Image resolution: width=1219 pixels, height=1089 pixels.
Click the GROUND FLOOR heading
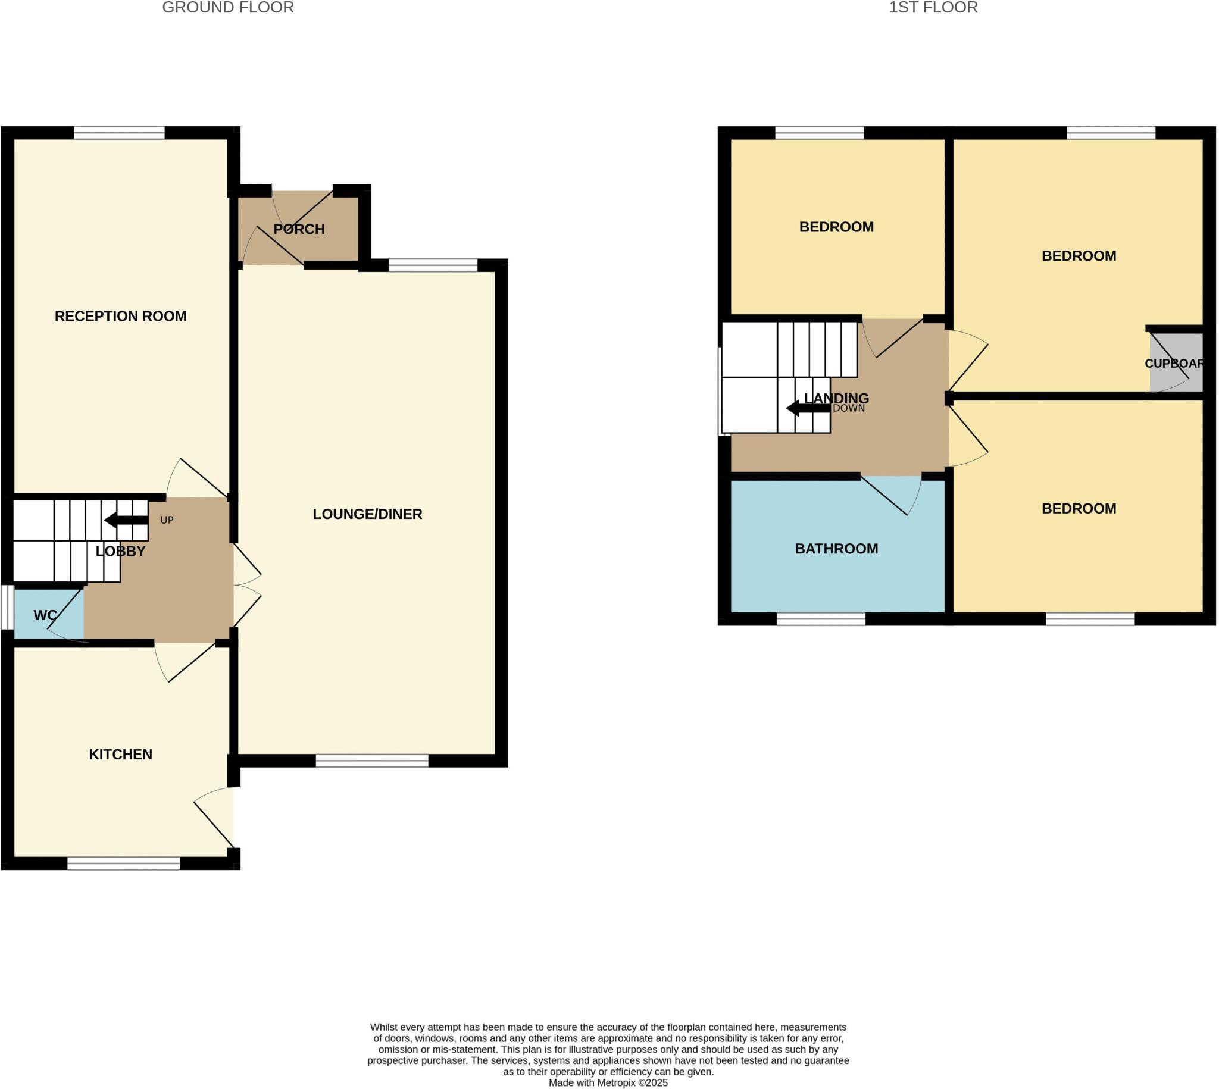tap(228, 8)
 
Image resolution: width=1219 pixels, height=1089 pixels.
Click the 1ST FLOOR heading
tap(933, 8)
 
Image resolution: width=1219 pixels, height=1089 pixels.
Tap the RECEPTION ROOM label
tap(120, 316)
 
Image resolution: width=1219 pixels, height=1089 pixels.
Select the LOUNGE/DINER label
tap(367, 514)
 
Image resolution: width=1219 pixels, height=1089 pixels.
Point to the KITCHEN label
tap(120, 755)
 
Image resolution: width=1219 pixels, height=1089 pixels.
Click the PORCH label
tap(299, 229)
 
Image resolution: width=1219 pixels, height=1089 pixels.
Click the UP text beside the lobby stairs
tap(167, 520)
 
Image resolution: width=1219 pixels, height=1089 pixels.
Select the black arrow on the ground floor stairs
tap(126, 520)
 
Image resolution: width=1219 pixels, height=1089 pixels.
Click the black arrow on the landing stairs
tap(807, 409)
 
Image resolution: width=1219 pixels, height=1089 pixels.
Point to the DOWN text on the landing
tap(849, 409)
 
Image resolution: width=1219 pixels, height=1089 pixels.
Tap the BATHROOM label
tap(836, 549)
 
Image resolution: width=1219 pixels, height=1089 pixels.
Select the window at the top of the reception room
tap(119, 132)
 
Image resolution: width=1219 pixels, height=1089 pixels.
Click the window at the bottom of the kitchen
tap(123, 863)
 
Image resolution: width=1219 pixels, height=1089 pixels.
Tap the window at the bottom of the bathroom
tap(820, 619)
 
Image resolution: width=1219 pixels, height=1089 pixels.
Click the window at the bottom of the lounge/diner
tap(371, 761)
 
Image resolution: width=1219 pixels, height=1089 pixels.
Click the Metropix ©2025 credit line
tap(608, 1083)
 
